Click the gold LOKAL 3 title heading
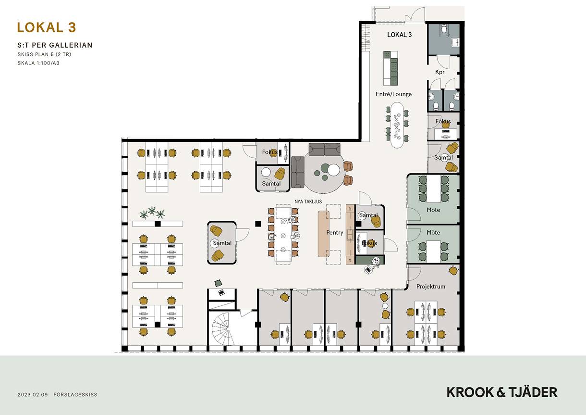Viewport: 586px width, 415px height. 47,27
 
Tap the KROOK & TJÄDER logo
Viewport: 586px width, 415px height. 502,393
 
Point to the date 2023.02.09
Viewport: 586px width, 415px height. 33,395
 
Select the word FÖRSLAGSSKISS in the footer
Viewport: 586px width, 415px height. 75,395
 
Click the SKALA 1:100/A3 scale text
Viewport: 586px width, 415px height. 38,63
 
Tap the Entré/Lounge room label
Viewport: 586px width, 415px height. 393,94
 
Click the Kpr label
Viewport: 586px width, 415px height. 440,72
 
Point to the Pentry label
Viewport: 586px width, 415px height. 335,232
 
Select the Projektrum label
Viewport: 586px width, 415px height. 430,287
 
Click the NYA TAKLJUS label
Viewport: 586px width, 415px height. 308,201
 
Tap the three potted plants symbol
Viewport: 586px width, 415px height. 152,213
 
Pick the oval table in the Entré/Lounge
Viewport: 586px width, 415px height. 397,125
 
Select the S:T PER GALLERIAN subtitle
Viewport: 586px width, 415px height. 55,45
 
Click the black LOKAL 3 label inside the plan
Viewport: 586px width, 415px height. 399,35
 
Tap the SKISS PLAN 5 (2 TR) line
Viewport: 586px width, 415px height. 44,54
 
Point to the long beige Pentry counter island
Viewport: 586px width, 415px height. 323,234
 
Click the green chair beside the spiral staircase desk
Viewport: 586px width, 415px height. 218,283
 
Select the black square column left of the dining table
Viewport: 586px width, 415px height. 258,224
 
